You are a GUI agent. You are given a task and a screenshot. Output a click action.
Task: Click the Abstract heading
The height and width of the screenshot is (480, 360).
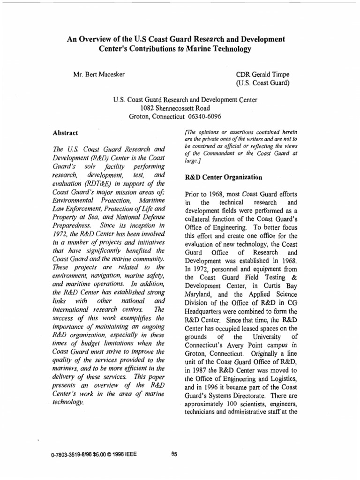click(x=65, y=133)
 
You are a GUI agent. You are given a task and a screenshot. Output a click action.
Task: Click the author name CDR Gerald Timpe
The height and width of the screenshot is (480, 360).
click(x=264, y=75)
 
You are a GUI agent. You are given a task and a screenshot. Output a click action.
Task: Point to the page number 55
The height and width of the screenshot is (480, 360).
click(x=175, y=454)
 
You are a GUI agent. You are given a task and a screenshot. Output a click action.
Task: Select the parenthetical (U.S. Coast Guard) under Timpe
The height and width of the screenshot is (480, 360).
click(x=262, y=83)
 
